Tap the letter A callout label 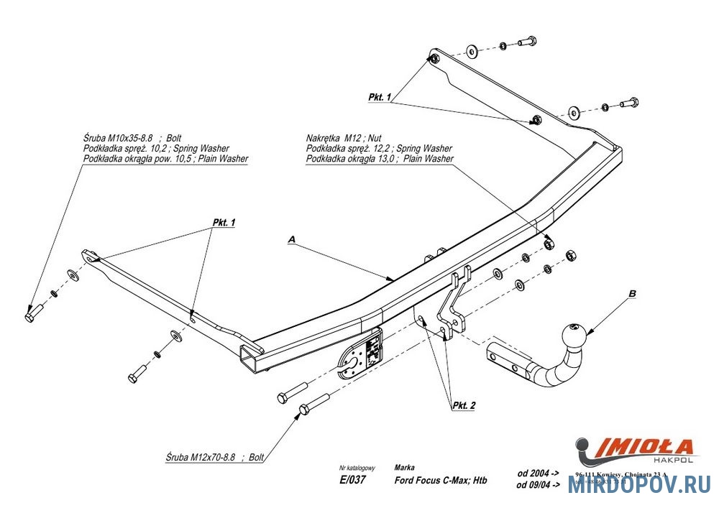[x=292, y=238]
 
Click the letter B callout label [x=632, y=293]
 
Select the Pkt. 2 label [x=464, y=406]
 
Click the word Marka [x=404, y=467]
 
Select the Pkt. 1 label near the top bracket [x=379, y=96]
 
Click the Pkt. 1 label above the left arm [x=224, y=223]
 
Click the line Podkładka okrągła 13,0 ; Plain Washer [x=380, y=158]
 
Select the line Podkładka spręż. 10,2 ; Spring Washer [x=156, y=147]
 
